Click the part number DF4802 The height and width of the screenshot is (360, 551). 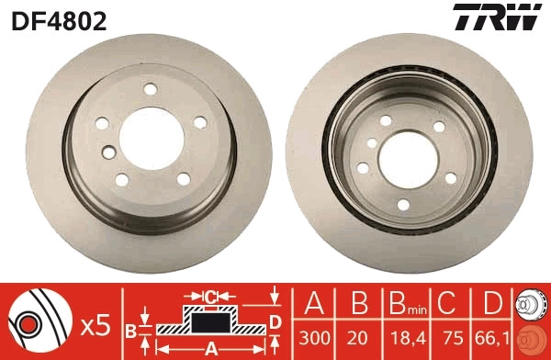pyautogui.click(x=59, y=19)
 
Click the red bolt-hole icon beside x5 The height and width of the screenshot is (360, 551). pyautogui.click(x=34, y=323)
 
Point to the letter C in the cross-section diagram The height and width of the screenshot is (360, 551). pyautogui.click(x=209, y=298)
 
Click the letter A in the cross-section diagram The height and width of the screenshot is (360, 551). pyautogui.click(x=210, y=349)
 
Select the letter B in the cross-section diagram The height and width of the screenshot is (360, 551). pyautogui.click(x=130, y=328)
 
